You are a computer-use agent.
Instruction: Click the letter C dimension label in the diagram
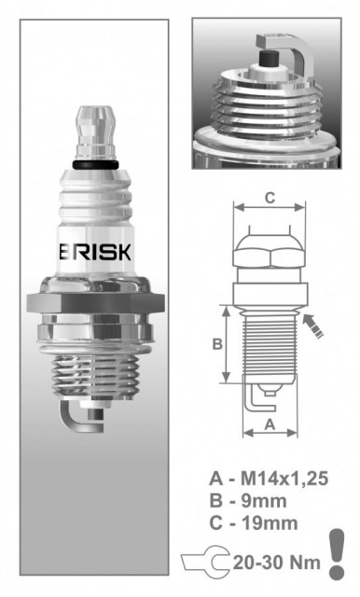point(269,197)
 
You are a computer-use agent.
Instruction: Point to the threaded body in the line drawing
point(269,345)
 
